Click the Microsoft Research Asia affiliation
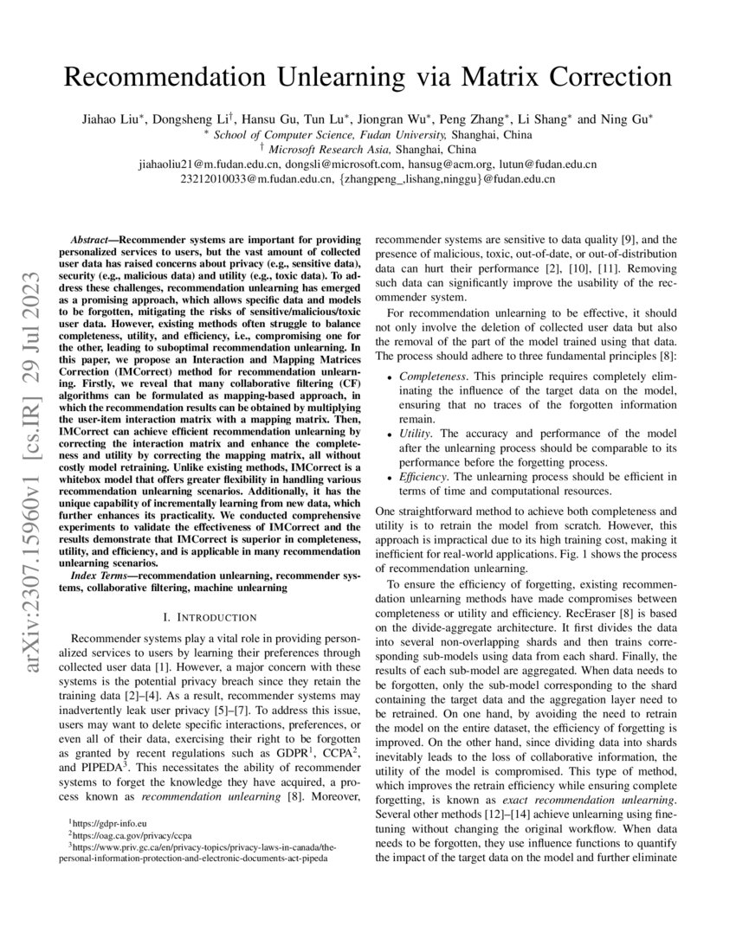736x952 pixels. [x=344, y=148]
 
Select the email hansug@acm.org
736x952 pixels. [x=454, y=164]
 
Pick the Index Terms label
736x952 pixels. [x=100, y=576]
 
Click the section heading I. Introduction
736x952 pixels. [x=209, y=617]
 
